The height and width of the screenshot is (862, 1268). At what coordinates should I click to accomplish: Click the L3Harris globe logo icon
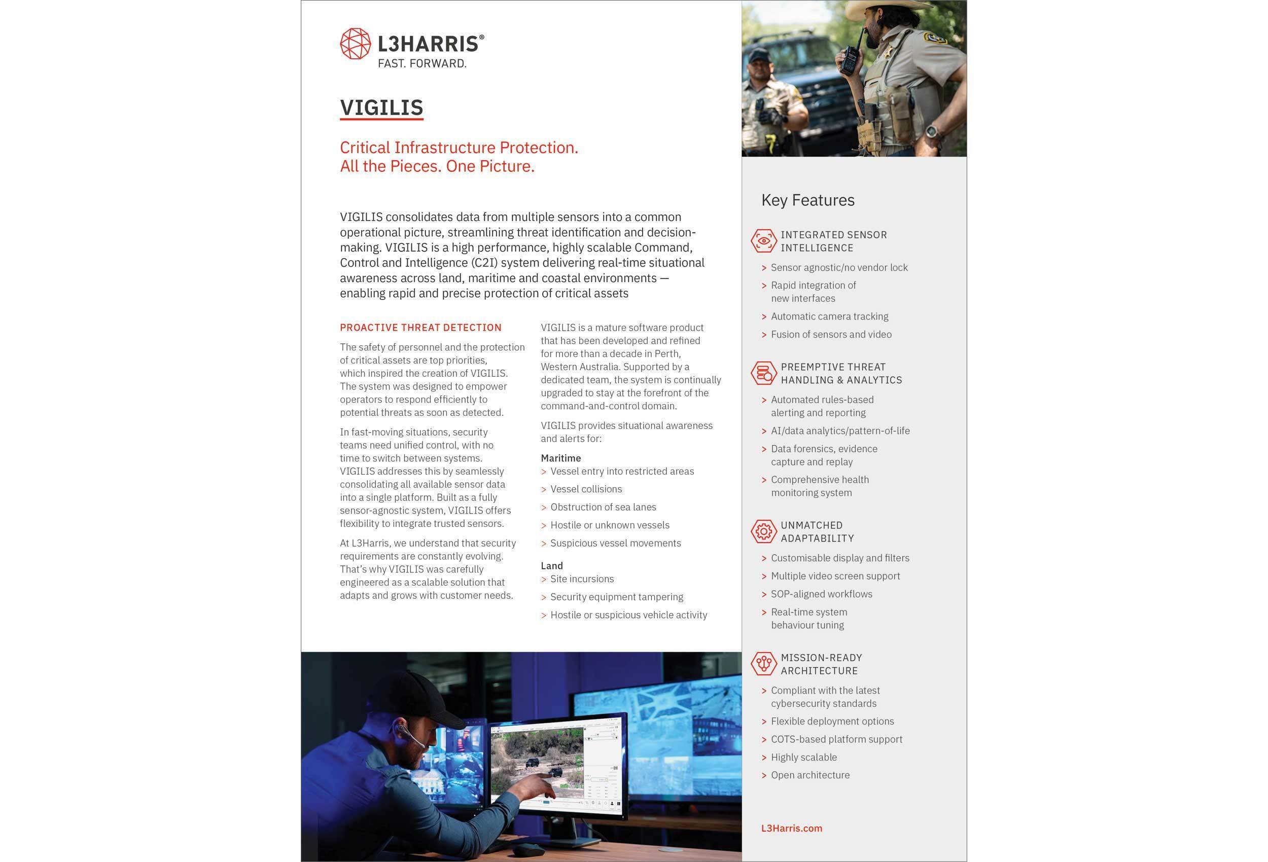355,44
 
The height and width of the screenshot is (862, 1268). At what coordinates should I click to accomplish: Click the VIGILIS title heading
381,107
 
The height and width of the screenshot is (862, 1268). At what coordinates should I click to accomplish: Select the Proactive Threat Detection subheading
420,328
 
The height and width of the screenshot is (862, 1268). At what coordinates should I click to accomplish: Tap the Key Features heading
807,200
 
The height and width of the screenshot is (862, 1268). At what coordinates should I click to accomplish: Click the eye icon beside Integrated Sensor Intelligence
763,240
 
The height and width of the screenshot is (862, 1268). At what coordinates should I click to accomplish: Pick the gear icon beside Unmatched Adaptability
763,531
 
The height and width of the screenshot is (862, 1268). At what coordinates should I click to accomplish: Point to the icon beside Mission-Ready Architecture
763,663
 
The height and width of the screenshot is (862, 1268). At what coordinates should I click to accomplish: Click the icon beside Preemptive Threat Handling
763,373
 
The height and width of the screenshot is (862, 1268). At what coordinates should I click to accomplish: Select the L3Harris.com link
791,828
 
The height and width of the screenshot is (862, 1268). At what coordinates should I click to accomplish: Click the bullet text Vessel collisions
585,489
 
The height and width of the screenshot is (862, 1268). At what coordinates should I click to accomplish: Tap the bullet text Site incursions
582,579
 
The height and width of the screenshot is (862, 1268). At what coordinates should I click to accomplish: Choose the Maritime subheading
560,458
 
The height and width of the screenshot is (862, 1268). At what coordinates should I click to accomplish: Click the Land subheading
552,566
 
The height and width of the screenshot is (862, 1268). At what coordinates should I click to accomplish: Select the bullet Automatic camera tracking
829,316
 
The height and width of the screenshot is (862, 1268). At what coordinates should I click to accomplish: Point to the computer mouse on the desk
527,849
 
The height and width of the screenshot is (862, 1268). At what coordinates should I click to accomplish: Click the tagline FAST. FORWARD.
422,64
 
